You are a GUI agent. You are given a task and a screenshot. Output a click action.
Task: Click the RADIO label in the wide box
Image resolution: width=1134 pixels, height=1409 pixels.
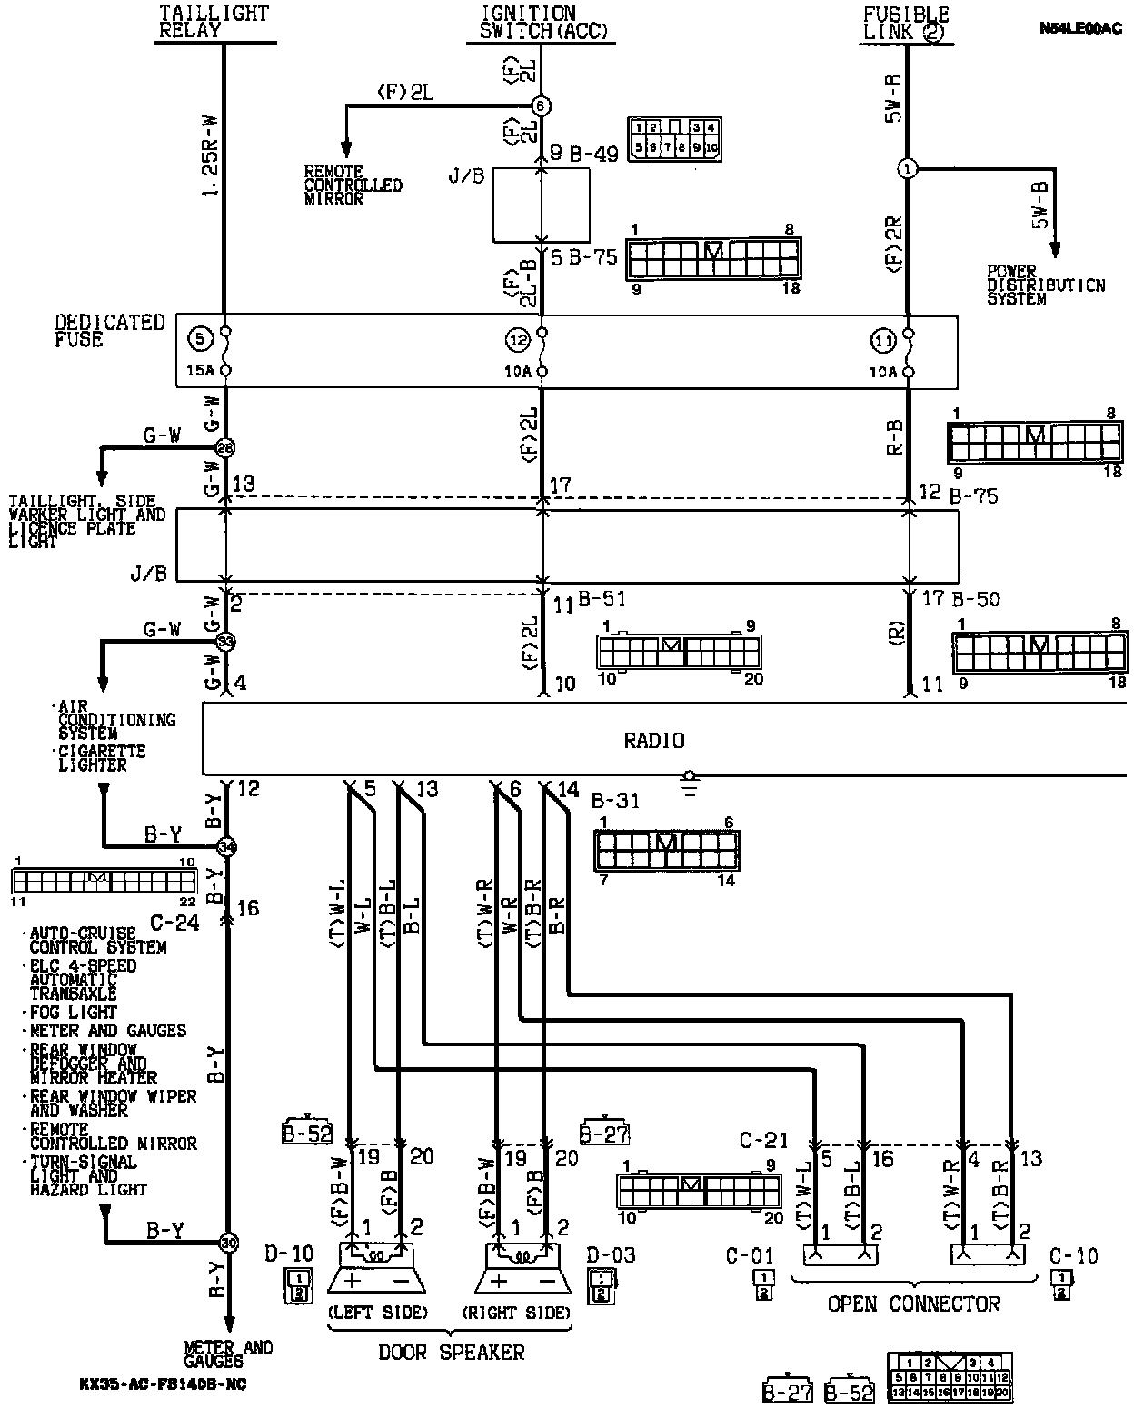653,741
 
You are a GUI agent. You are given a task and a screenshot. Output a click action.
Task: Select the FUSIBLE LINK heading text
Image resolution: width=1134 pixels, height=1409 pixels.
905,23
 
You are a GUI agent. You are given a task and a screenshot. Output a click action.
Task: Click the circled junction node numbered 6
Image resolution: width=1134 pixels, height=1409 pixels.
542,105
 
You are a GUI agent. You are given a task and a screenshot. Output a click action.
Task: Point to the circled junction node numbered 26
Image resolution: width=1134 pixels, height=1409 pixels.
224,447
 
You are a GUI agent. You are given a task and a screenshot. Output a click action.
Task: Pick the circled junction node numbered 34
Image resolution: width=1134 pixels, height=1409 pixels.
227,847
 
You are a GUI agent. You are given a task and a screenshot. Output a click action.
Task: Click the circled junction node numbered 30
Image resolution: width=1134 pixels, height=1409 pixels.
227,1243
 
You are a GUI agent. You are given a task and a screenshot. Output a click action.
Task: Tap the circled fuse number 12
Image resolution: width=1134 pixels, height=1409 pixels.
518,341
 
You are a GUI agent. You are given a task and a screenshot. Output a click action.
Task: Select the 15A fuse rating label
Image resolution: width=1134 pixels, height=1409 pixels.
198,371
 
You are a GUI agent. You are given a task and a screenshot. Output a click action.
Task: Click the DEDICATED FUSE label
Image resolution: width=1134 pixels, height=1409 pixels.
109,331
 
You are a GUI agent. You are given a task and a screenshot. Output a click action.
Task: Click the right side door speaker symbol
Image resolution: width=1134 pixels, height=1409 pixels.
522,1268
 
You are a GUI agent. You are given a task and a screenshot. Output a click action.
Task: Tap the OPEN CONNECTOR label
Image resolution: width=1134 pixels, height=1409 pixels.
913,1304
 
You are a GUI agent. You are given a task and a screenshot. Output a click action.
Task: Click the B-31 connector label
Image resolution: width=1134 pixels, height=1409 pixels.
615,801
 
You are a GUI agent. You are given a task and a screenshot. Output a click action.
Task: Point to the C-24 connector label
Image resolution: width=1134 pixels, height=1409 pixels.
174,923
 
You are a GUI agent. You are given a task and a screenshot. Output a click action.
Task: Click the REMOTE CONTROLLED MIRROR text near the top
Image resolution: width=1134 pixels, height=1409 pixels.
353,185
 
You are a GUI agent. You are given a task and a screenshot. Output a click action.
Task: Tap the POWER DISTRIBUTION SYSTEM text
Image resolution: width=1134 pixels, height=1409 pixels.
1046,285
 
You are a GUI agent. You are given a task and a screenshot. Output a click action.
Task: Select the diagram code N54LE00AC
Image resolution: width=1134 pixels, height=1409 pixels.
1081,28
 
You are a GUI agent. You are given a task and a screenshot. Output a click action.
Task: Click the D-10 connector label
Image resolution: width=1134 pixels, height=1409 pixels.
289,1254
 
